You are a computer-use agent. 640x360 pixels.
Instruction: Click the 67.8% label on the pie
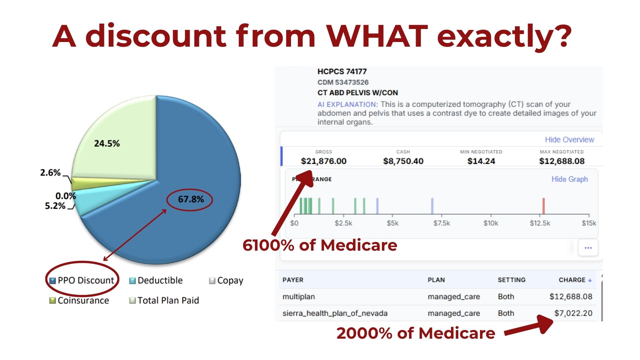click(191, 199)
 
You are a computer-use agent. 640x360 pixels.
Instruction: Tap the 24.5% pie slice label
click(107, 144)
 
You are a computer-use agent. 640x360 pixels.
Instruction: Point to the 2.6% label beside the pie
click(50, 173)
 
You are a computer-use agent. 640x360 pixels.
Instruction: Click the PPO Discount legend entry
click(82, 280)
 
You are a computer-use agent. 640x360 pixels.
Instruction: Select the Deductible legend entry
click(156, 280)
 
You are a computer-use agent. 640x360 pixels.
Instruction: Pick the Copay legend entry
click(226, 281)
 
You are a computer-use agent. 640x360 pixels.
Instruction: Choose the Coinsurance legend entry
click(79, 300)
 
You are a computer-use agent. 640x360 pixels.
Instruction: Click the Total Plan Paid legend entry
click(164, 300)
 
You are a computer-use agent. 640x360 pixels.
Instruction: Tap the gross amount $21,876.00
click(324, 161)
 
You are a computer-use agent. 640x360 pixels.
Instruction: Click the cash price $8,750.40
click(403, 161)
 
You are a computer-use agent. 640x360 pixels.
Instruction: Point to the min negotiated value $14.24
click(481, 161)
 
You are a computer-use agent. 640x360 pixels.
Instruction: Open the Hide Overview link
click(569, 140)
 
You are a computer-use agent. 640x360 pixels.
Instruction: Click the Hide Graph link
click(570, 179)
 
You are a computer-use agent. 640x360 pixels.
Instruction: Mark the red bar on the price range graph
click(543, 206)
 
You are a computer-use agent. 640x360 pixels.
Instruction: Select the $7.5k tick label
click(442, 223)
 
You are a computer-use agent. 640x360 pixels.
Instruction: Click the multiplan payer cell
click(299, 297)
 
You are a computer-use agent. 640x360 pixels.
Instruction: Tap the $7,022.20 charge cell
click(573, 313)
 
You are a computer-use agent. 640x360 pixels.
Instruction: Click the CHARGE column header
click(575, 280)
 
